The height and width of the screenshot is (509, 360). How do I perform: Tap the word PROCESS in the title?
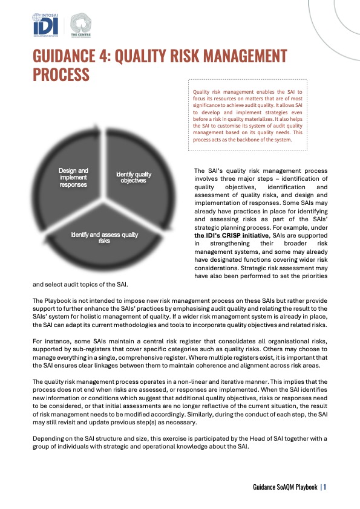(x=61, y=75)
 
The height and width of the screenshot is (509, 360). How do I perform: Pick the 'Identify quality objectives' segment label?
(x=134, y=178)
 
